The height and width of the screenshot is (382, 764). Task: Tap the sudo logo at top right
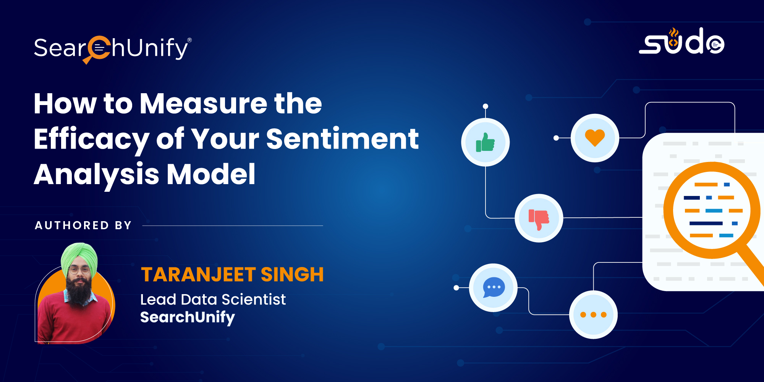click(682, 41)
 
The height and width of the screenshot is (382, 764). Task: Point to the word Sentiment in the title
click(342, 139)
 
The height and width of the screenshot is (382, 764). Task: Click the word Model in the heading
click(211, 174)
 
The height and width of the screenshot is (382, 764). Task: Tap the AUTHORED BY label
click(83, 225)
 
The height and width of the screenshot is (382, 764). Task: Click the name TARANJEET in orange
click(198, 275)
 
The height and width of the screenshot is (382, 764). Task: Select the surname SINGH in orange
click(292, 275)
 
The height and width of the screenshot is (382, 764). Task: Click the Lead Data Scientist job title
click(213, 299)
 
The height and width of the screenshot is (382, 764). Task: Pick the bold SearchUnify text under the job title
click(188, 317)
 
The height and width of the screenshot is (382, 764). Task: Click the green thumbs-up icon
click(486, 142)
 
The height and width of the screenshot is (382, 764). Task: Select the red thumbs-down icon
click(539, 220)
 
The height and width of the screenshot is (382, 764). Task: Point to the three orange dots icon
click(593, 315)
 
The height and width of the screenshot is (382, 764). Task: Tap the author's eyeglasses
click(79, 271)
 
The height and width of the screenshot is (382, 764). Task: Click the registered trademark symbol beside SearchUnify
click(189, 40)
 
